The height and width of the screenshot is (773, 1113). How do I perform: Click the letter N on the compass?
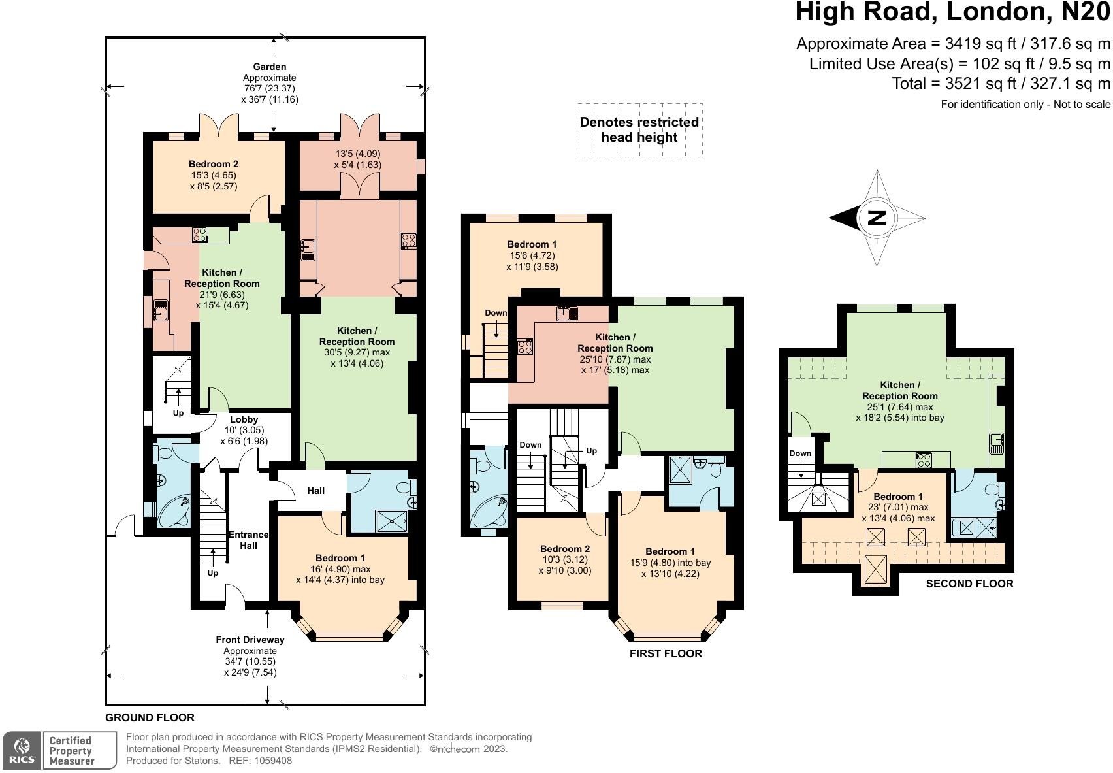pos(877,218)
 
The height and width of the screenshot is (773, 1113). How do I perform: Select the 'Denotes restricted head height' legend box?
pos(639,130)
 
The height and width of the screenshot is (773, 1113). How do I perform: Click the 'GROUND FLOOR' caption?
pos(150,717)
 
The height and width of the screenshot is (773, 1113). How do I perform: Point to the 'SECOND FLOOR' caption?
pos(969,584)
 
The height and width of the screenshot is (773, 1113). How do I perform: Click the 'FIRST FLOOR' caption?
pos(666,653)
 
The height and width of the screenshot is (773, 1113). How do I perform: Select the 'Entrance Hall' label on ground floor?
pos(248,540)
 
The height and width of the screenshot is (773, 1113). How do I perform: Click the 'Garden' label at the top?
pos(270,67)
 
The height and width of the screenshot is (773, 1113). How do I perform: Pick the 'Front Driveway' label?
pos(250,640)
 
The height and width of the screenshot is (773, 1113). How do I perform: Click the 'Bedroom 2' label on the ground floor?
pos(214,164)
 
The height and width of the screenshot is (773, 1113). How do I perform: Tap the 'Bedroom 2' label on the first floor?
pos(565,549)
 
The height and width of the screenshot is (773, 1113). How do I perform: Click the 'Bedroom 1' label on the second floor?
pos(898,497)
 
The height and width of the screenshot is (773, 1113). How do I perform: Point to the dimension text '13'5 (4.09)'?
pos(357,154)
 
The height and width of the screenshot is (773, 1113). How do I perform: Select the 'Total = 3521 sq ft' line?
pos(1001,84)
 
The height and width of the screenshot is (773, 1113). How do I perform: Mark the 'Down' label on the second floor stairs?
pos(800,453)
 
